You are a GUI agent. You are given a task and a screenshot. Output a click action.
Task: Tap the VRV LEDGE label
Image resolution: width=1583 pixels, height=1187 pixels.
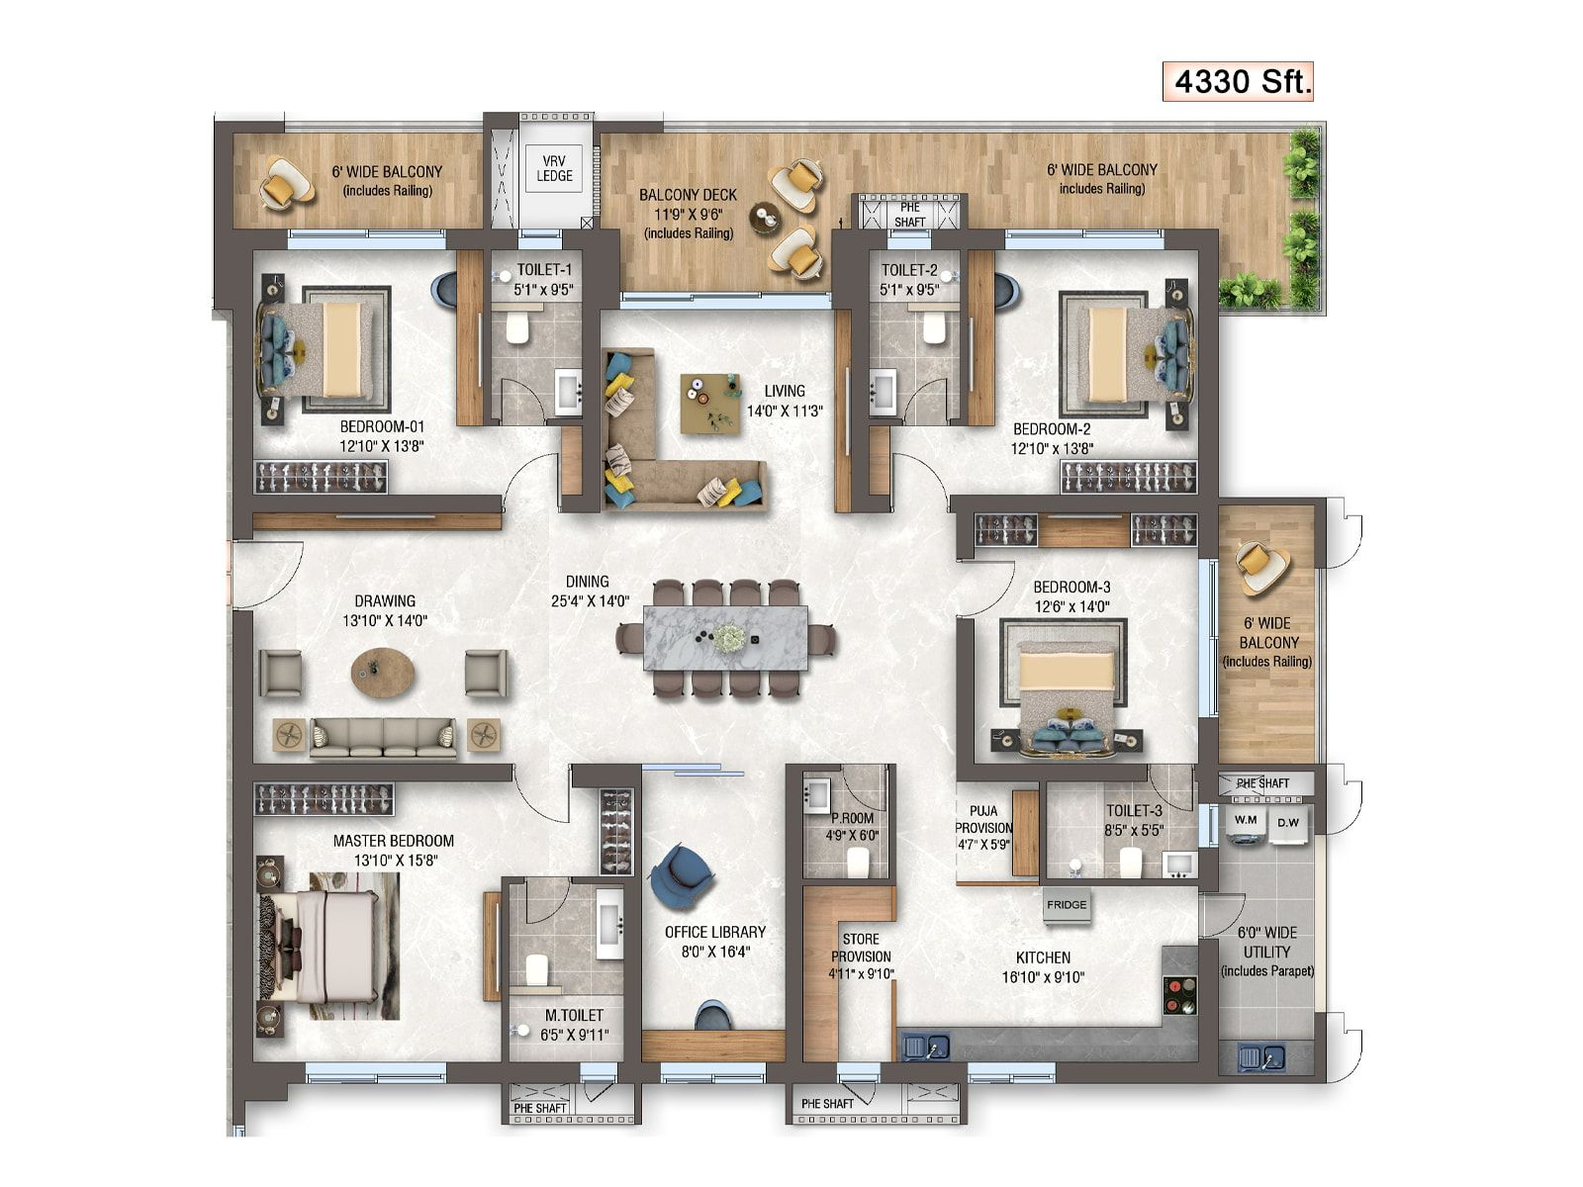pos(554,168)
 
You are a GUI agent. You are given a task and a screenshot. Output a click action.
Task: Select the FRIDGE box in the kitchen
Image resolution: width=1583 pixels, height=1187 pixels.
pos(1066,905)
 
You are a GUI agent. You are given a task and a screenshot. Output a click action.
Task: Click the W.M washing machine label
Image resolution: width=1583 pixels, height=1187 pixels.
pos(1246,819)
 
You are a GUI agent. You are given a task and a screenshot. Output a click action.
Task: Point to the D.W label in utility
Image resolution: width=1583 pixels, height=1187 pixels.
pos(1288,822)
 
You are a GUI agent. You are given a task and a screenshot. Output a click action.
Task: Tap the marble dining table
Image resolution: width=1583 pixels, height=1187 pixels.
pos(725,639)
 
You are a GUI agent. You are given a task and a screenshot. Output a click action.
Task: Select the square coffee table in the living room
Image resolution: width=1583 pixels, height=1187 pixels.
pos(710,404)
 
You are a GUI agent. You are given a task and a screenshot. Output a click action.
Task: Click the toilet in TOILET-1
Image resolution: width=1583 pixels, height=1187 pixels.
pos(517,325)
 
